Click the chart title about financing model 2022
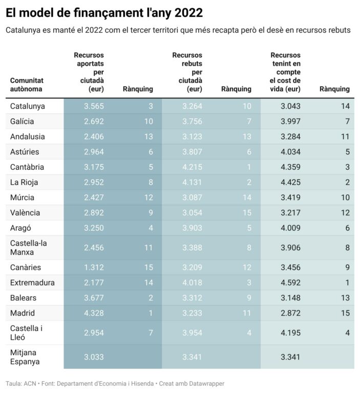(104, 12)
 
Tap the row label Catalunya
(28, 106)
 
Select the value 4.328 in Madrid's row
(94, 313)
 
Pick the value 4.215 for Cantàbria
(192, 167)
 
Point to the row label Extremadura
(32, 282)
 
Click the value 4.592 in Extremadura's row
(290, 282)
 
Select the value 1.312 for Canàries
(94, 267)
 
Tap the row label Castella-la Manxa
(29, 248)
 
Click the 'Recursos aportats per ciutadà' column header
(89, 72)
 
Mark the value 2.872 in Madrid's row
(290, 313)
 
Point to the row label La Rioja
(24, 182)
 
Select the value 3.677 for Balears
(94, 298)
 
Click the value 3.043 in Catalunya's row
(290, 106)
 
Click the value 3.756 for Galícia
(192, 121)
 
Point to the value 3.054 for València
(192, 212)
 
